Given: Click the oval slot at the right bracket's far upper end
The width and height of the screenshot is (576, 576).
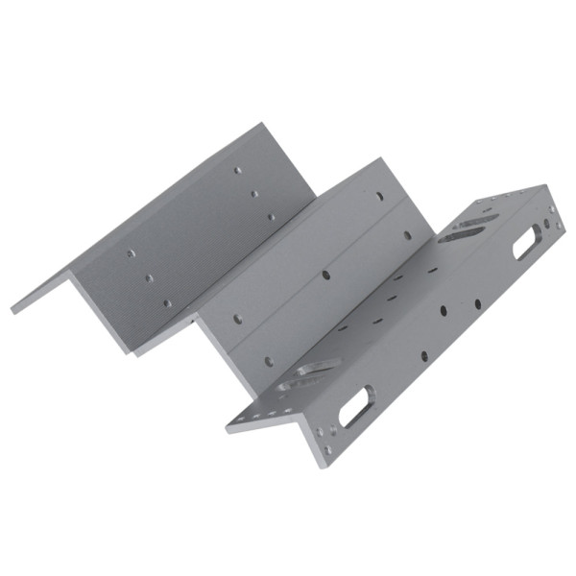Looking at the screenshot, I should tap(527, 244).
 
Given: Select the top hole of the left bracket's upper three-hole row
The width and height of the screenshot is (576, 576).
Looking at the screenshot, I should tap(238, 171).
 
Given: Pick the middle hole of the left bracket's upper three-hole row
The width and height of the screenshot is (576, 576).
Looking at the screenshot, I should tap(254, 194).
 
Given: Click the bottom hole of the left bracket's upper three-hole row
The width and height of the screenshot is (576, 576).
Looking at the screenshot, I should tap(271, 217).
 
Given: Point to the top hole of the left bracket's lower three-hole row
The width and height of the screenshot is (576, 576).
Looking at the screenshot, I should tap(132, 254).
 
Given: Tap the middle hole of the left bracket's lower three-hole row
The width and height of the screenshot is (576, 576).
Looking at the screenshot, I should tap(149, 278).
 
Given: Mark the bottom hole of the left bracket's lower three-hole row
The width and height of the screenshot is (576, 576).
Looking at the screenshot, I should tap(166, 302).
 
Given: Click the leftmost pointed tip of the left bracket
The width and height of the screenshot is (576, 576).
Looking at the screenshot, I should tap(12, 310).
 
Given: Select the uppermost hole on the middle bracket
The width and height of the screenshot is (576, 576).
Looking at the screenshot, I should tap(381, 199).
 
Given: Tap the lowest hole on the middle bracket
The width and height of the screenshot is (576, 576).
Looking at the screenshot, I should tap(269, 362).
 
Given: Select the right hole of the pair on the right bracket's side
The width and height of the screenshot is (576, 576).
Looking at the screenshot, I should tap(477, 304).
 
